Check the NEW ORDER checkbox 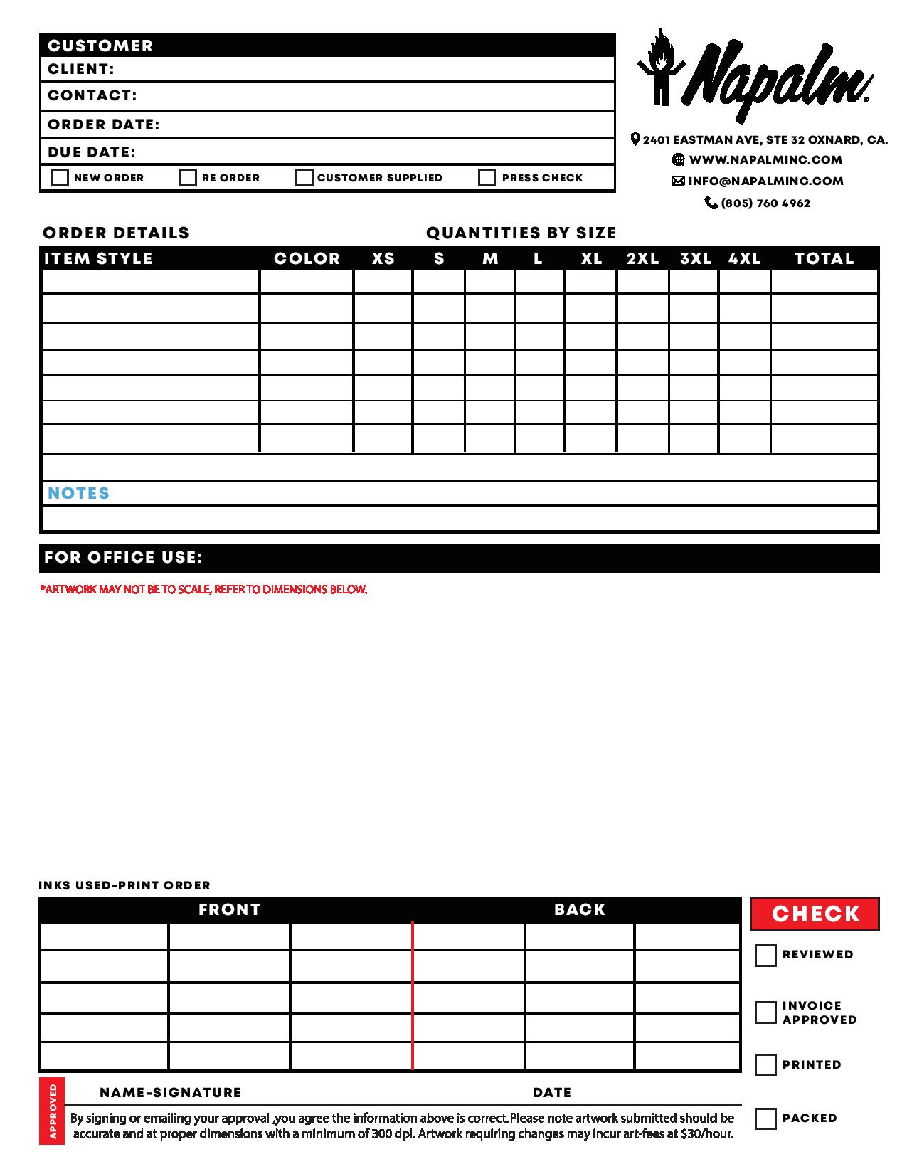coord(60,177)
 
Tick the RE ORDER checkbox coord(188,177)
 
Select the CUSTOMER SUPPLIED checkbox coord(304,177)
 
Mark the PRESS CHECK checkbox coord(487,177)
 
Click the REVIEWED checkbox coord(765,955)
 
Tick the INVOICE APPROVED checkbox coord(765,1012)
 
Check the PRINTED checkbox coord(765,1064)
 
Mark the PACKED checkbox coord(765,1118)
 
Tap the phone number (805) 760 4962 coord(765,203)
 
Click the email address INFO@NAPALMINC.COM coord(765,181)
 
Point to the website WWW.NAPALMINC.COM coord(765,160)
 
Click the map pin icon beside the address coord(635,139)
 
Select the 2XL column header coord(642,258)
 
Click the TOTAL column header coord(824,258)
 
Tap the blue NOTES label coord(78,493)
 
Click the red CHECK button coord(815,914)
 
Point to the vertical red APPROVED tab coord(52,1111)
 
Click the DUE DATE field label coord(91,152)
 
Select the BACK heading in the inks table coord(579,909)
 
